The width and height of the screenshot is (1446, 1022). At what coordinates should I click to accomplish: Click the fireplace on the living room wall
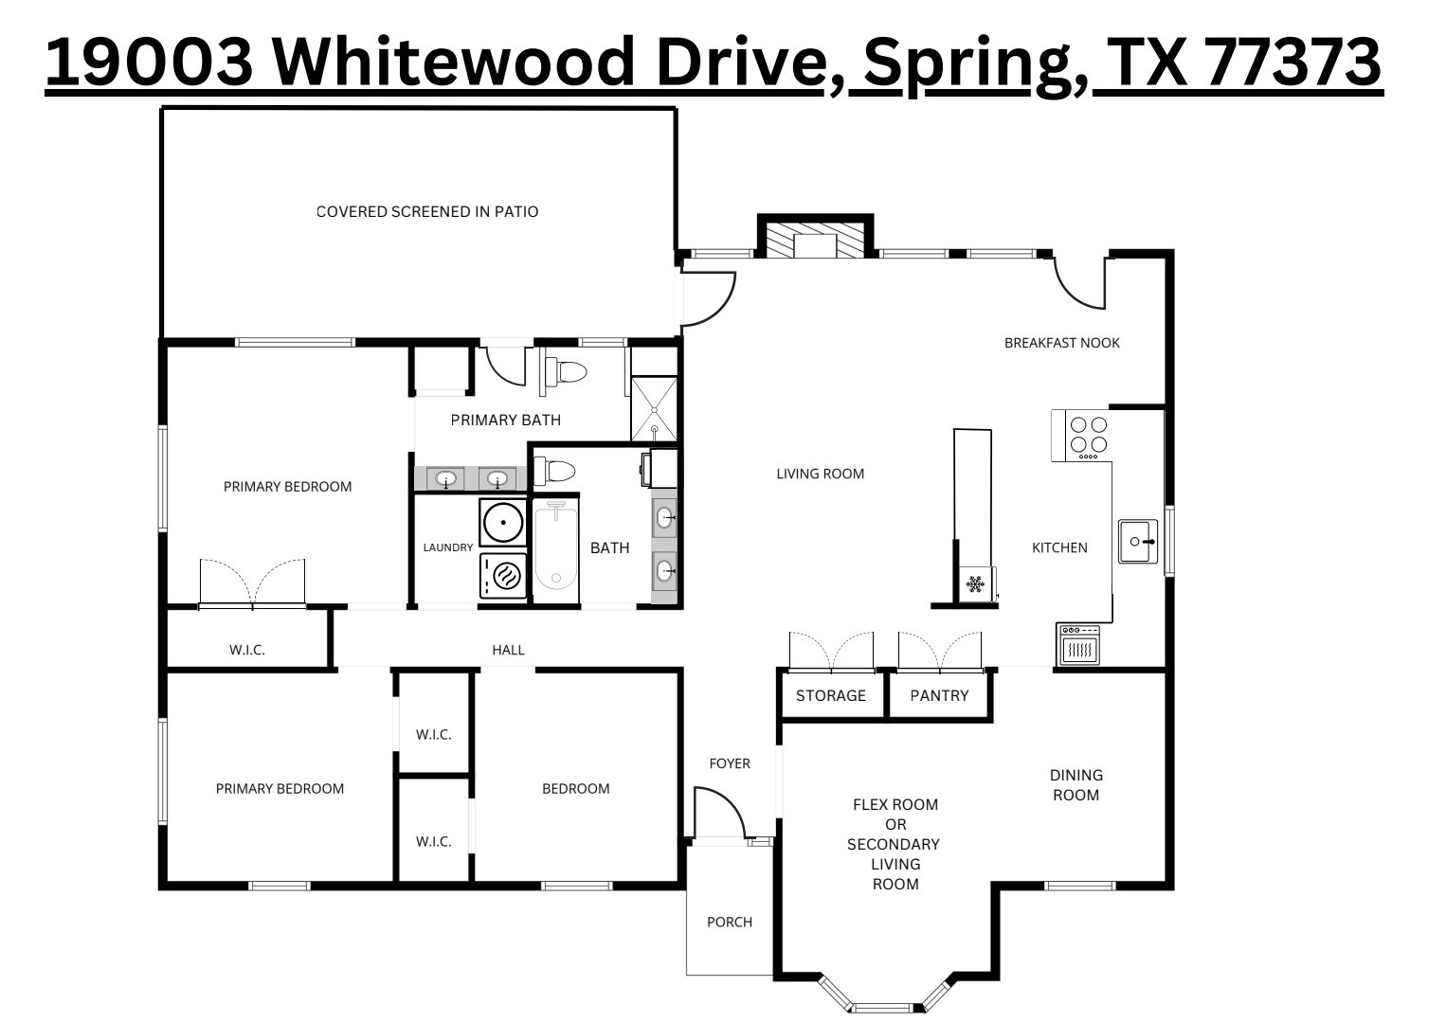coord(815,239)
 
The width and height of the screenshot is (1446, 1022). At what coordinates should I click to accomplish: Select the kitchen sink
coord(1137,541)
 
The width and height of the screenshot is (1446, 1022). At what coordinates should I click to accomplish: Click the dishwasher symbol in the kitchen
coord(1079,644)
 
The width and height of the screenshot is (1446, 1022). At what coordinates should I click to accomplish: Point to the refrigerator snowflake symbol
coord(975,583)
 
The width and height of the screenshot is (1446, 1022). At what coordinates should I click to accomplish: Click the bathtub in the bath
coord(555,548)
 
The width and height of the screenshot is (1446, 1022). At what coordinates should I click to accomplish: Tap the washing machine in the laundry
coord(503,522)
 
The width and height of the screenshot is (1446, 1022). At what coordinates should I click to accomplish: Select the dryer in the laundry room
coord(503,575)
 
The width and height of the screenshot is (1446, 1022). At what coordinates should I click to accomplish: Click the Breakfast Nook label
coord(1061,343)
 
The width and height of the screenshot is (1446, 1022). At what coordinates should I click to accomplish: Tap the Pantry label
coord(939,695)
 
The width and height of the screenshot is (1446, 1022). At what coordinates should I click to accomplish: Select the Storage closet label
coord(830,695)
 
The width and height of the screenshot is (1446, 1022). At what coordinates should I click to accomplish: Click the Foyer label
coord(730,763)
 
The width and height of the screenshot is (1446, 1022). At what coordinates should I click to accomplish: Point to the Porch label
coord(730,922)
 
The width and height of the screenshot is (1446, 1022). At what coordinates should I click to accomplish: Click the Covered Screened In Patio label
coord(427,211)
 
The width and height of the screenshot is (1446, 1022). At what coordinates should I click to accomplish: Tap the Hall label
coord(508,650)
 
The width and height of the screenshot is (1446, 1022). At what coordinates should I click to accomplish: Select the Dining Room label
coord(1076,785)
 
